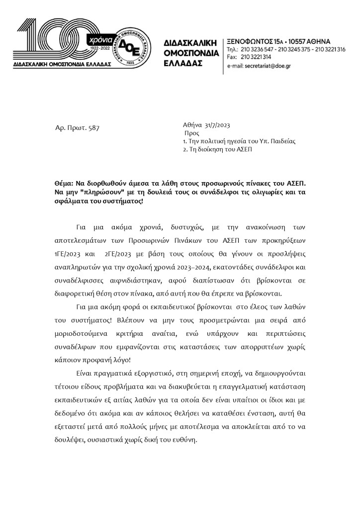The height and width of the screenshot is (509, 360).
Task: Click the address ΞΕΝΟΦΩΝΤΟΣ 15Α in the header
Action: tap(253, 40)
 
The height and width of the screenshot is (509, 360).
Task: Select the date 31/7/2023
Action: tap(215, 125)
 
